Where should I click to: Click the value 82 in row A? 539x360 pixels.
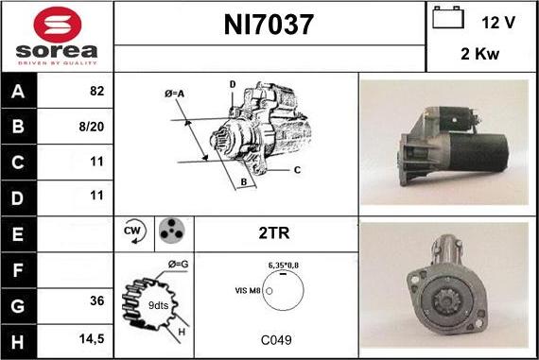pos(96,93)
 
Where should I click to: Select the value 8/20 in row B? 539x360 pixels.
pos(92,127)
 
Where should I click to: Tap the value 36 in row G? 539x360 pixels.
pos(96,300)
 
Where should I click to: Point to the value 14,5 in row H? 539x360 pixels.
pos(92,334)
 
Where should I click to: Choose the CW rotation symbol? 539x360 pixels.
pos(132,231)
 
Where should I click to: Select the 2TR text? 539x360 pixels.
pos(274,231)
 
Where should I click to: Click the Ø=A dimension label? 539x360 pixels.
pos(174,94)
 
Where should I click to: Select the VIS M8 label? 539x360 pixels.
pos(248,292)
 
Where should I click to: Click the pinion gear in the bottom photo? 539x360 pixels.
pos(438,302)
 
